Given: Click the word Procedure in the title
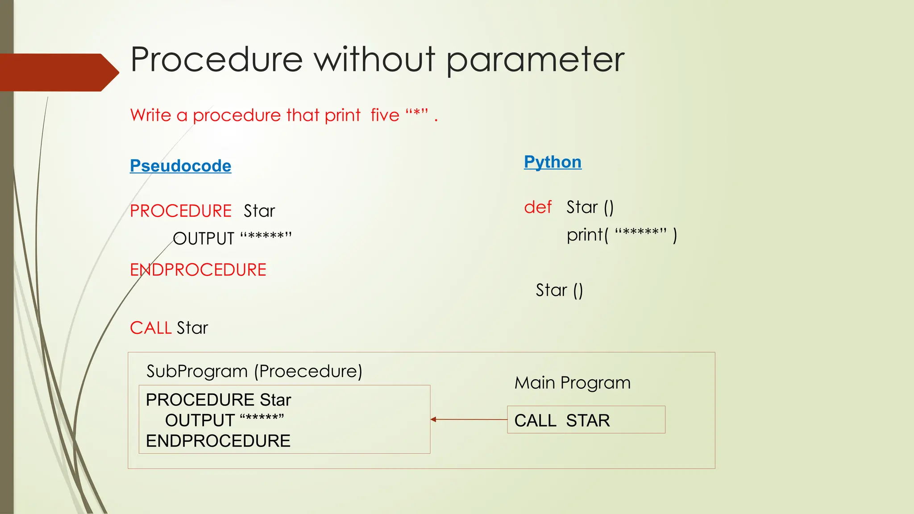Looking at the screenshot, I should click(216, 59).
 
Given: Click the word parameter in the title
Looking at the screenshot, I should click(535, 60).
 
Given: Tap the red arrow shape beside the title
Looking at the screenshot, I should click(58, 72).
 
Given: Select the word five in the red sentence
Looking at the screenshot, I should click(385, 115).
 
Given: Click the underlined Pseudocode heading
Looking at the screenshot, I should click(180, 166).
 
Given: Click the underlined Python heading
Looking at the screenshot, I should click(553, 162).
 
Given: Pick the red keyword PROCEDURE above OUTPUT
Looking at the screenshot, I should click(181, 211).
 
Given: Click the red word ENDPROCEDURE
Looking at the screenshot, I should click(198, 270).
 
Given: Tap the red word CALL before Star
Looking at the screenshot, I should click(150, 328).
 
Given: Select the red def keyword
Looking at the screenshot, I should click(538, 207).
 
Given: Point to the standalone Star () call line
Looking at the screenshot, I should click(559, 290).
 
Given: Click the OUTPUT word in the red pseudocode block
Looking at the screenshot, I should click(204, 239).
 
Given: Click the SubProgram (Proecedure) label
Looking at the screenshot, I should click(254, 371).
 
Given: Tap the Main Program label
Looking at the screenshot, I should click(573, 383).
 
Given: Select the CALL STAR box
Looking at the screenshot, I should click(586, 420).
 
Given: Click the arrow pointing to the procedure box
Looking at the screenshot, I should click(469, 419).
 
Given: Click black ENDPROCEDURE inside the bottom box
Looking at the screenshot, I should click(218, 441).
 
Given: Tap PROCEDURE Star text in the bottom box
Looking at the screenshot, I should click(218, 400).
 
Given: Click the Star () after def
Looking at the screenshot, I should click(590, 207).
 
